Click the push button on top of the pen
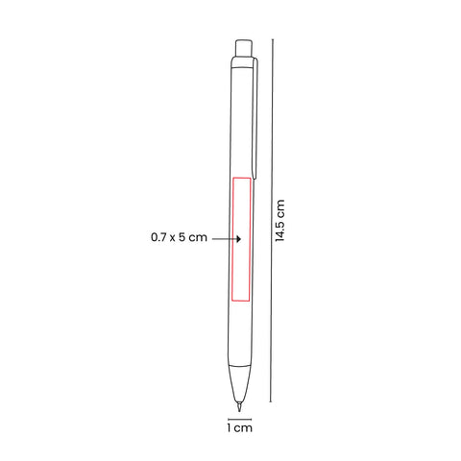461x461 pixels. (244, 48)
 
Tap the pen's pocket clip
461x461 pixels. (255, 118)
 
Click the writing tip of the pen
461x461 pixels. (239, 406)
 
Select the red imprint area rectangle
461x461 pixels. (241, 239)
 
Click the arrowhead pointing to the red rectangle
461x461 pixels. (238, 239)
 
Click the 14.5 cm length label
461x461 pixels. (279, 220)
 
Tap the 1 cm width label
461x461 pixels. (240, 427)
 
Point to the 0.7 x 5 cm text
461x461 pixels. (179, 237)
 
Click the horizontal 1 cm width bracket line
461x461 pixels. (240, 419)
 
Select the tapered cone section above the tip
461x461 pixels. (239, 382)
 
